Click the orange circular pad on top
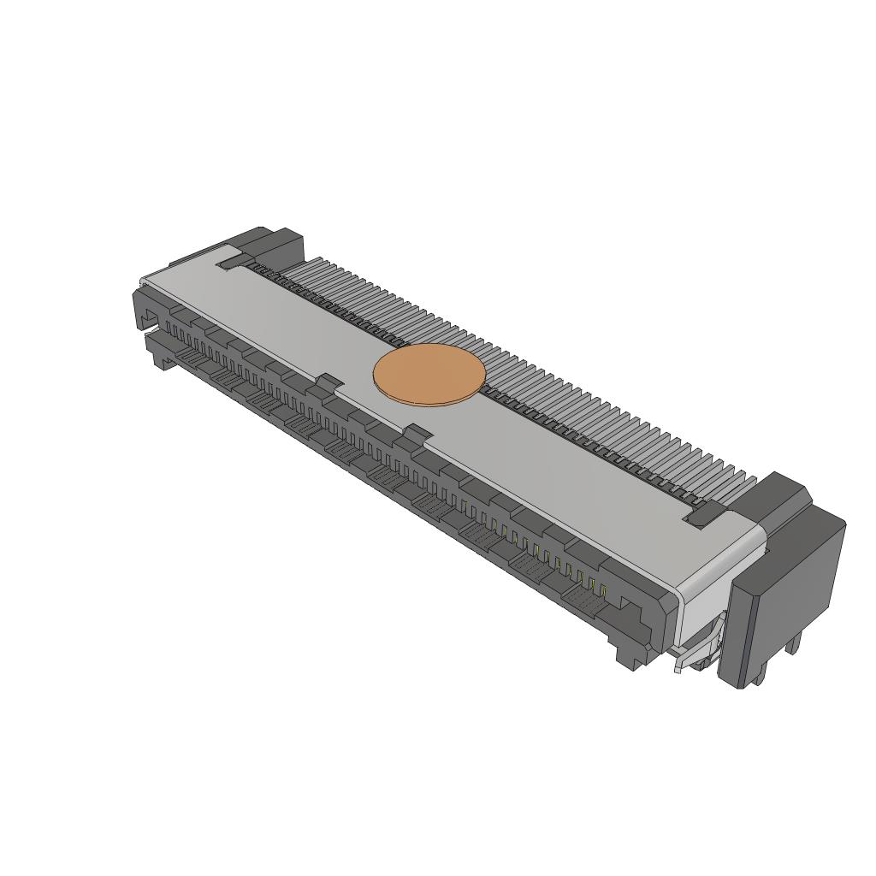pos(429,376)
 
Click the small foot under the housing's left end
pos(161,362)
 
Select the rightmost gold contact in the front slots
pos(604,589)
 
